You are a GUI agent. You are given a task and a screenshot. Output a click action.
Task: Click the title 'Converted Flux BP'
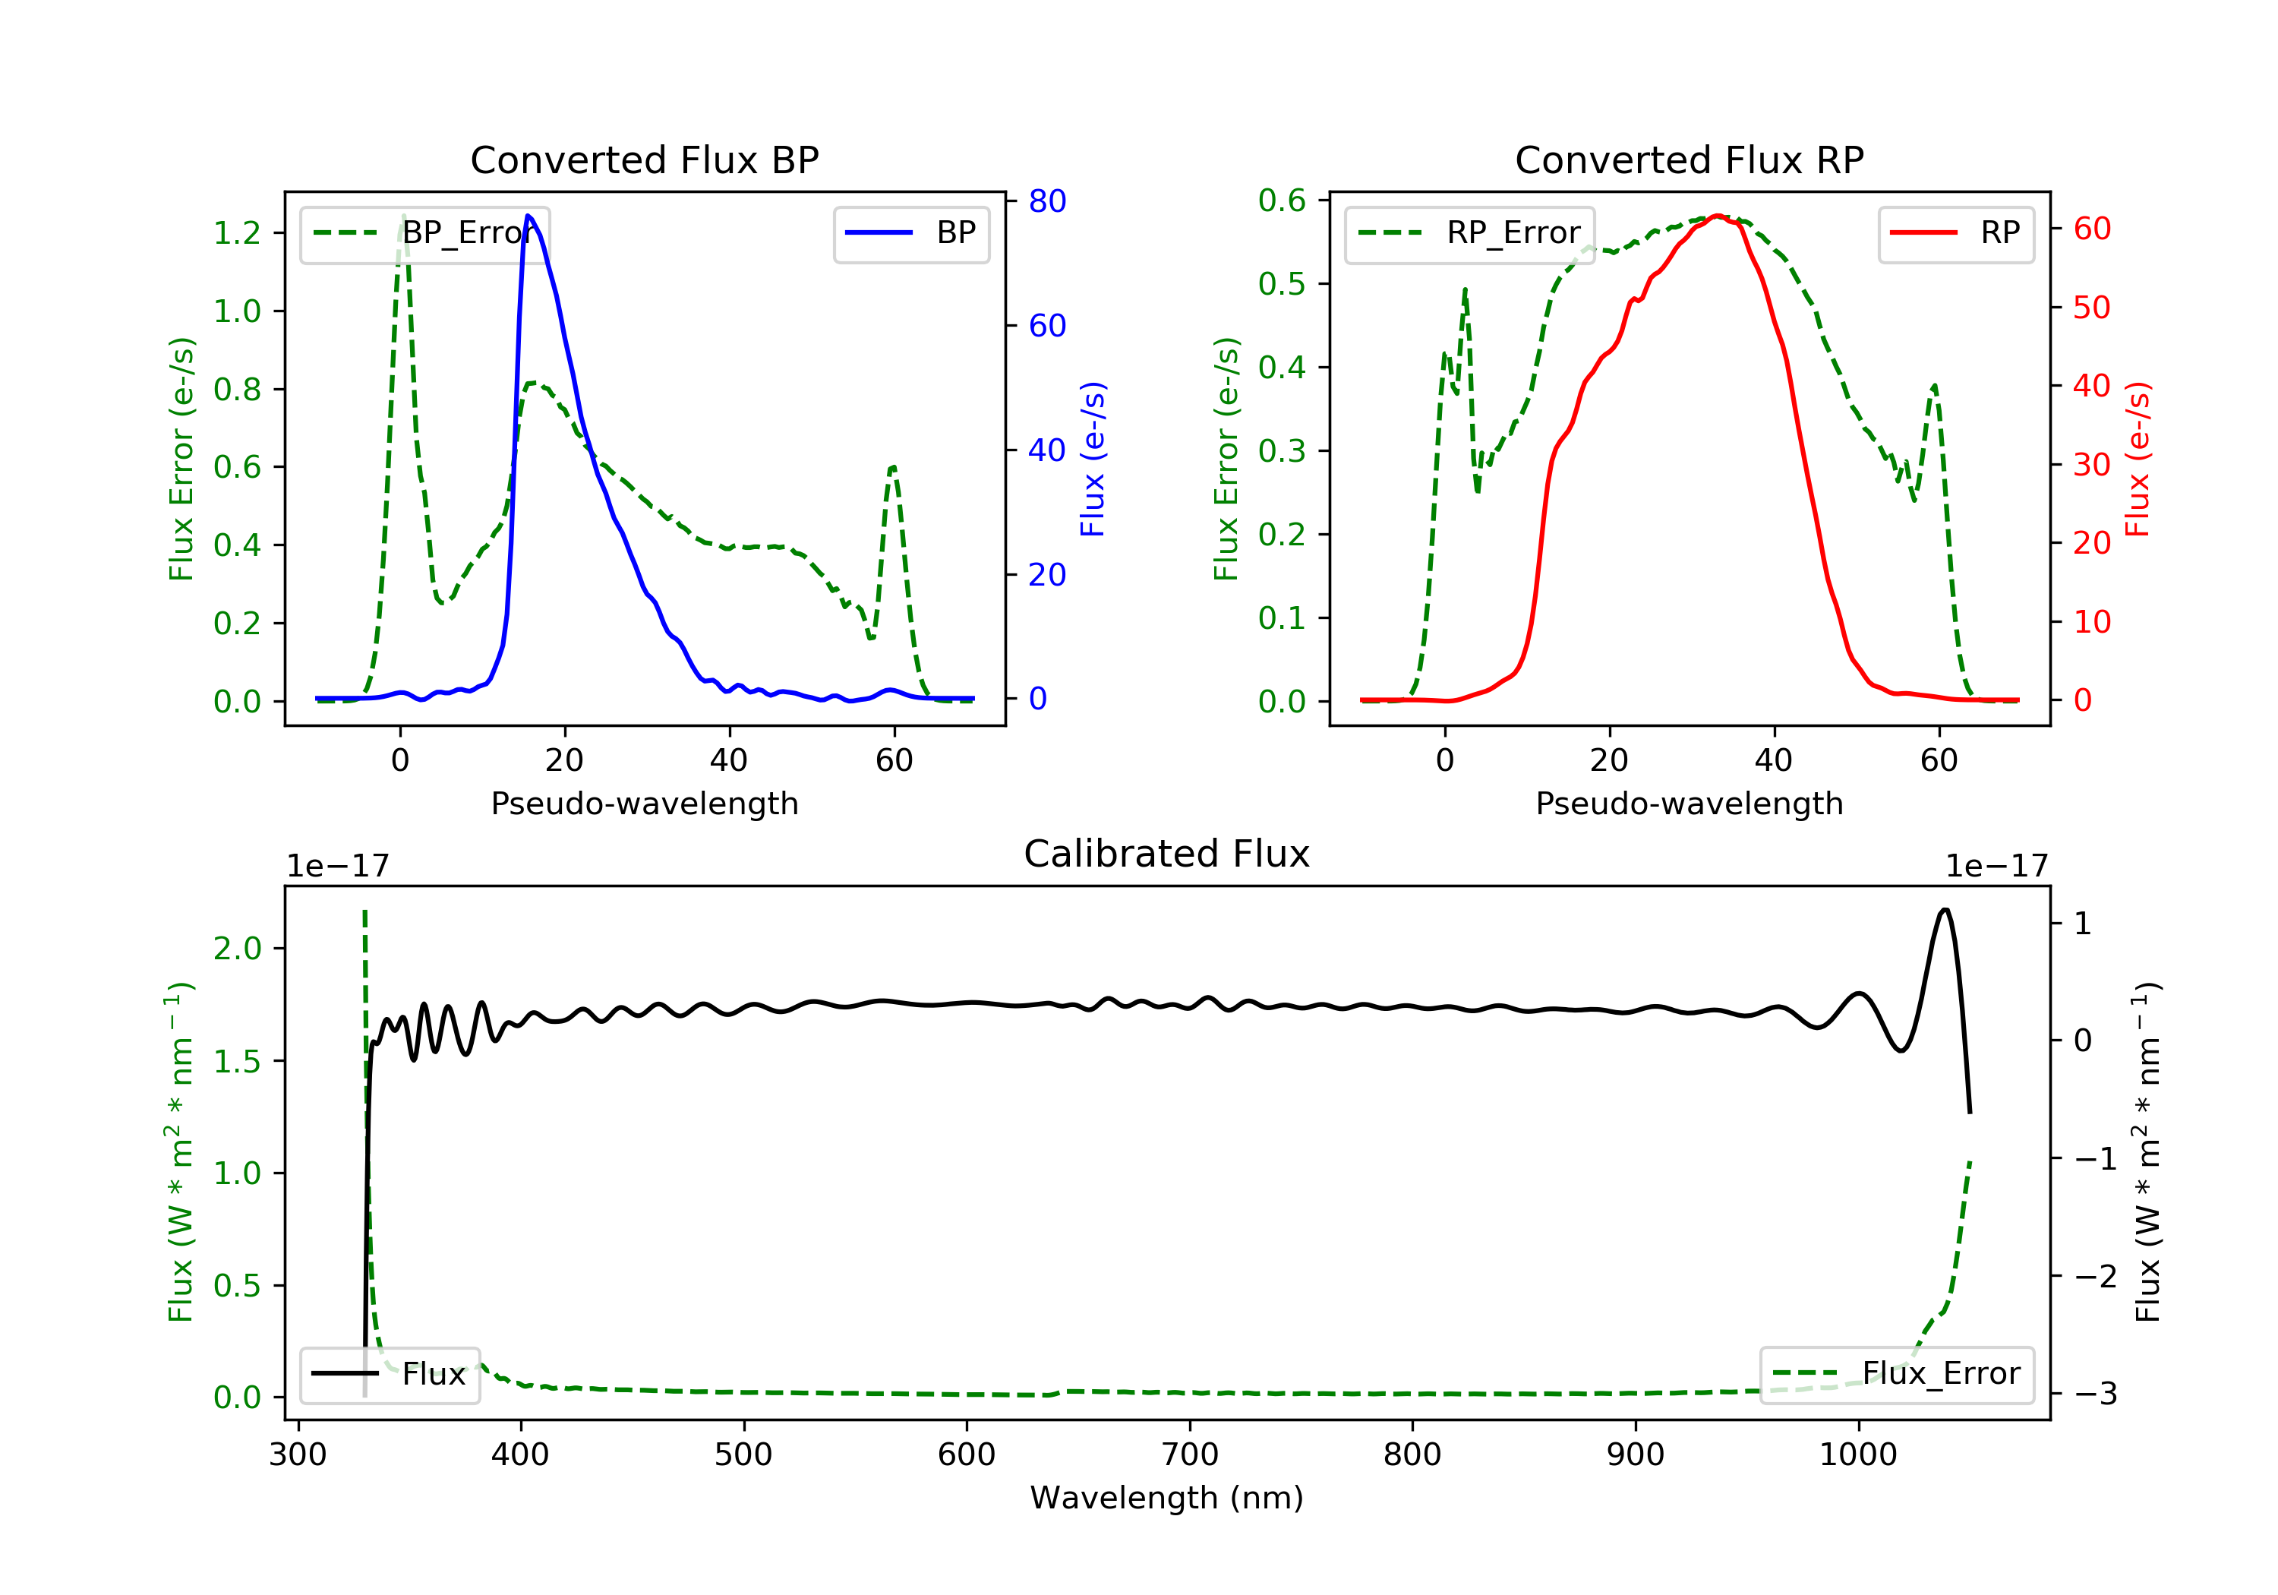pyautogui.click(x=644, y=159)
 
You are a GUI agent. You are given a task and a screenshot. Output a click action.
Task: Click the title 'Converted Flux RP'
pyautogui.click(x=1689, y=159)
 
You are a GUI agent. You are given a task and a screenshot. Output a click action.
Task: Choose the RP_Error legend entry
pyautogui.click(x=1469, y=233)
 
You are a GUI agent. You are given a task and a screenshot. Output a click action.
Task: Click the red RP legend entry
pyautogui.click(x=1955, y=233)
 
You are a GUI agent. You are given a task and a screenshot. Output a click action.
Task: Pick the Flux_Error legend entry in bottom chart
pyautogui.click(x=1896, y=1374)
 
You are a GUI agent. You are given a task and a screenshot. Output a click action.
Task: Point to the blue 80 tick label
pyautogui.click(x=1046, y=201)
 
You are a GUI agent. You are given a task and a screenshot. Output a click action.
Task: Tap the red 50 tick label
pyautogui.click(x=2091, y=308)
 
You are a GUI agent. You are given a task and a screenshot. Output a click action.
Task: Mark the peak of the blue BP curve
pyautogui.click(x=528, y=216)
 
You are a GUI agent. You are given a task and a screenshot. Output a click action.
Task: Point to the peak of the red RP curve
pyautogui.click(x=1718, y=216)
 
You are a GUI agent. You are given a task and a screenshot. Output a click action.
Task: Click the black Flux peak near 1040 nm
pyautogui.click(x=1945, y=910)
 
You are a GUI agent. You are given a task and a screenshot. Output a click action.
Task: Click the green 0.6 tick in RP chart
pyautogui.click(x=1282, y=201)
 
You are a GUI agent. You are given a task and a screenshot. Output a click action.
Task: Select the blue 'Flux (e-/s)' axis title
pyautogui.click(x=1093, y=459)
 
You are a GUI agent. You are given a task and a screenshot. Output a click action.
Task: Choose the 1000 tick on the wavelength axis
pyautogui.click(x=1857, y=1455)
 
